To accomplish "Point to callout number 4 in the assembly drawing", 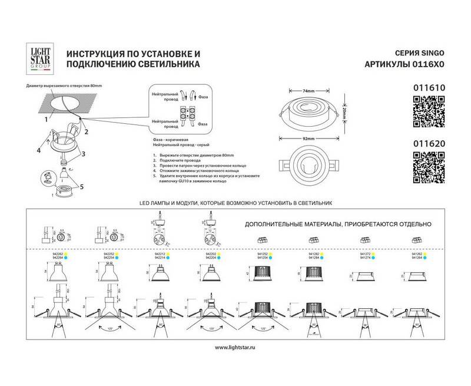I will [x=38, y=150].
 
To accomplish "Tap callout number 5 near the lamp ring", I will [x=82, y=187].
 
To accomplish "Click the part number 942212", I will [x=157, y=253].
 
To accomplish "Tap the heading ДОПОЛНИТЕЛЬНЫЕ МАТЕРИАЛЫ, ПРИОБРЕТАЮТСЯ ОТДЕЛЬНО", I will [x=338, y=225].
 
